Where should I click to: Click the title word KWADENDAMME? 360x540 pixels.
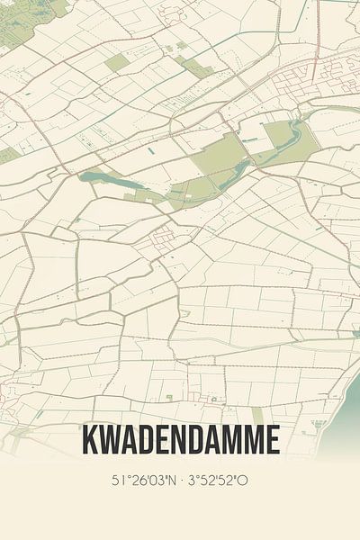click(180, 440)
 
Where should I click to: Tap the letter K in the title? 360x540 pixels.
click(89, 440)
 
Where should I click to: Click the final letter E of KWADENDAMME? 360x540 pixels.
click(272, 440)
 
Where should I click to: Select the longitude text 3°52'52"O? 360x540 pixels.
click(219, 481)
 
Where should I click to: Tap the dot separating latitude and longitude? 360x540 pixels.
click(182, 481)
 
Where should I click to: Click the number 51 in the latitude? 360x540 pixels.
click(118, 481)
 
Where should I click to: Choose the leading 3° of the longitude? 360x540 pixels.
click(195, 481)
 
